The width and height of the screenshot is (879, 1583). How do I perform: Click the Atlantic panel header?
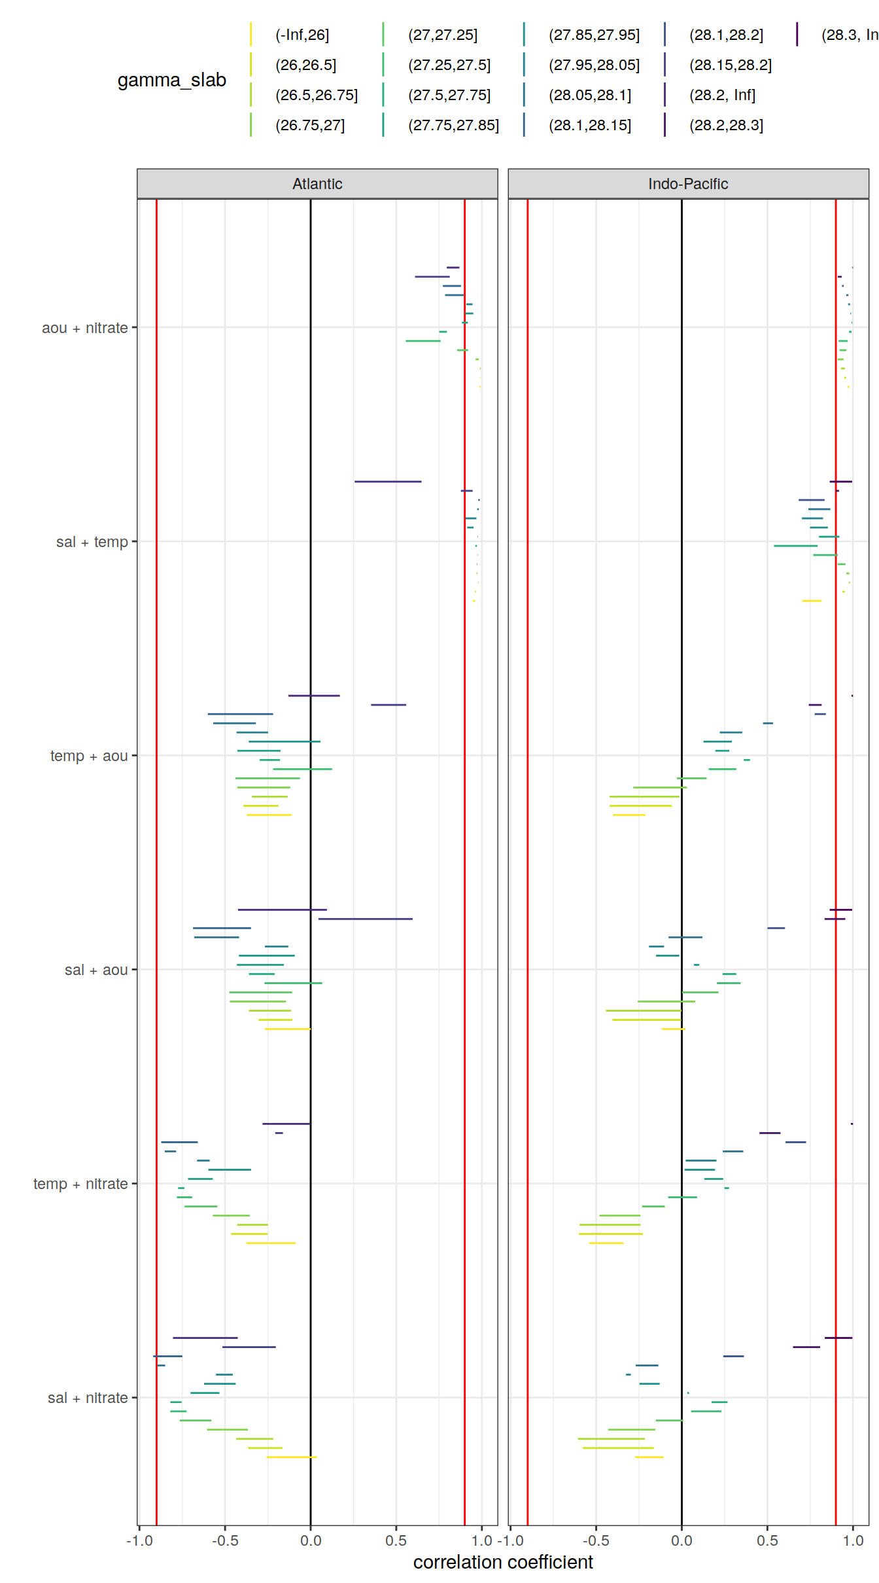click(x=317, y=184)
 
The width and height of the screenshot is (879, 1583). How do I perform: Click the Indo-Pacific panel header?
click(x=688, y=184)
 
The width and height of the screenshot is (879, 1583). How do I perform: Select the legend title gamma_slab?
click(x=171, y=80)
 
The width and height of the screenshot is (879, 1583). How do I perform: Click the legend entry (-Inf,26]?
click(x=302, y=35)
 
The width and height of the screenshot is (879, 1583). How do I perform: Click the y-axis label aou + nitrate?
click(x=84, y=328)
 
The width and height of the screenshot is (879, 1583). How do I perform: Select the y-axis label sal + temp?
click(x=92, y=542)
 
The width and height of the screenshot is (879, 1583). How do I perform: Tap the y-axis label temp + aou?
click(x=89, y=756)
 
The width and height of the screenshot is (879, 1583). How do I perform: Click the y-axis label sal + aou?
click(x=96, y=970)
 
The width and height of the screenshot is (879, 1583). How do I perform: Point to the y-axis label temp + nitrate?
click(x=80, y=1184)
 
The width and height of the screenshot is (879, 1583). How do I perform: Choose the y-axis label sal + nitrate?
click(x=88, y=1398)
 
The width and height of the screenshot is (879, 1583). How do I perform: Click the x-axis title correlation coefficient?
click(x=503, y=1562)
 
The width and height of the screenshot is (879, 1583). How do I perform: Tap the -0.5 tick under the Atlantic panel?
click(x=225, y=1540)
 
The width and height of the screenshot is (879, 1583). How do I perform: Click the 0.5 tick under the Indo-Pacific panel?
click(x=767, y=1540)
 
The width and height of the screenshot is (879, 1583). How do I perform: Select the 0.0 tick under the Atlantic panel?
click(x=311, y=1540)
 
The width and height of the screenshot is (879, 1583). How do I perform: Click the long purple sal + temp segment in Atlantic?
click(x=388, y=482)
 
